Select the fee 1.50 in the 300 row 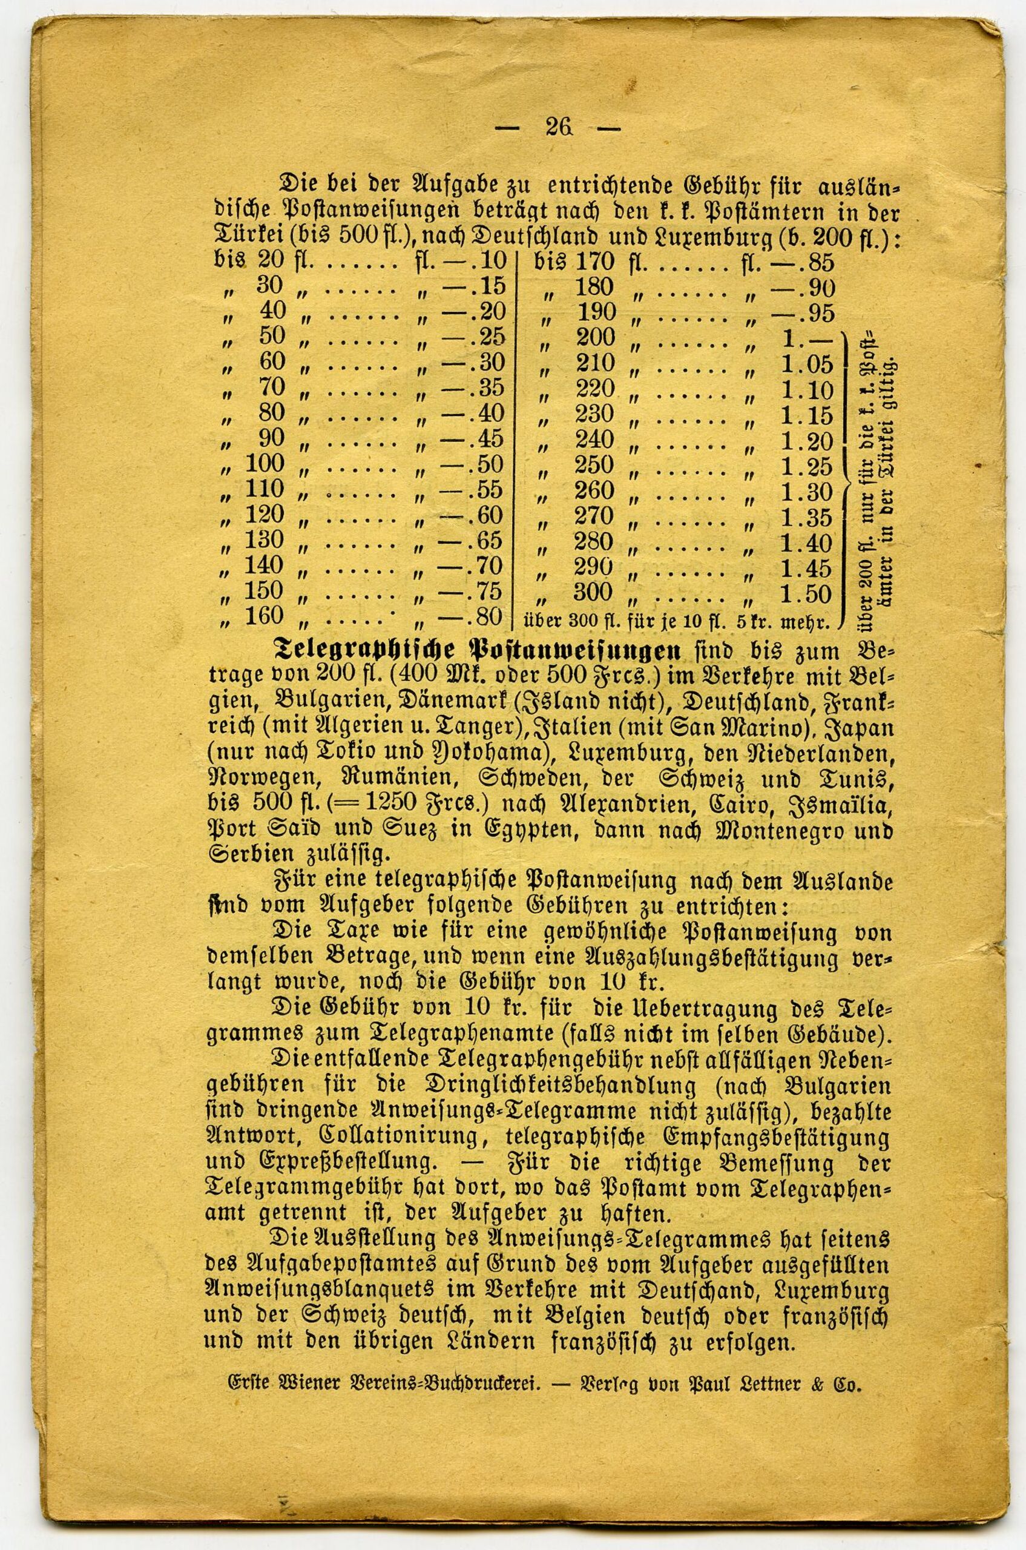806,594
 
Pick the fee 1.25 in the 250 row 807,467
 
